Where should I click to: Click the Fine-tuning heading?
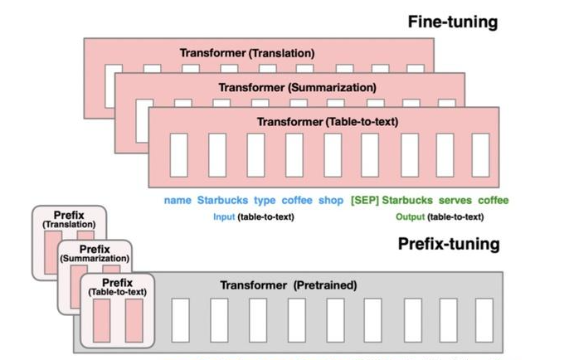(452, 22)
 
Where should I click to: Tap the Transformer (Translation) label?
(246, 52)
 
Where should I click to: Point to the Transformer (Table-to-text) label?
(328, 121)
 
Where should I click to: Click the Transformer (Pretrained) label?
(288, 285)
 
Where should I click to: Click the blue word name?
(178, 201)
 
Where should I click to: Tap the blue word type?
(265, 201)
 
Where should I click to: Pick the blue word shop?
(331, 201)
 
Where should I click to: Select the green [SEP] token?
(364, 201)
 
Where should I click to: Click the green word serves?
(455, 201)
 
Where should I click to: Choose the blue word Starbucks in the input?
(221, 201)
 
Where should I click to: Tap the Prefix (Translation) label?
(69, 219)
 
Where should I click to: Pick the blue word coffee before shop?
(297, 201)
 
